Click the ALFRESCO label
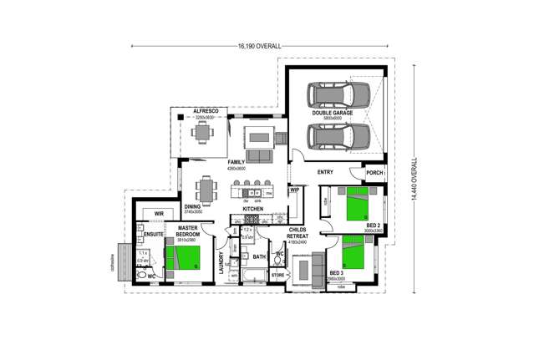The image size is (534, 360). point(205,111)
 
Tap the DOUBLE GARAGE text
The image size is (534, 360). point(333,112)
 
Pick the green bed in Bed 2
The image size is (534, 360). point(358,202)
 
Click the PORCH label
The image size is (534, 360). point(374,173)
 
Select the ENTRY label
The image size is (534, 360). point(326,173)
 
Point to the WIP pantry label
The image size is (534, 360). point(294,190)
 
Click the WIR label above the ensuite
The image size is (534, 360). point(158,214)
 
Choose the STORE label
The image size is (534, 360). point(278,274)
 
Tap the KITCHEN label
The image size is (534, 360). point(253,209)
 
